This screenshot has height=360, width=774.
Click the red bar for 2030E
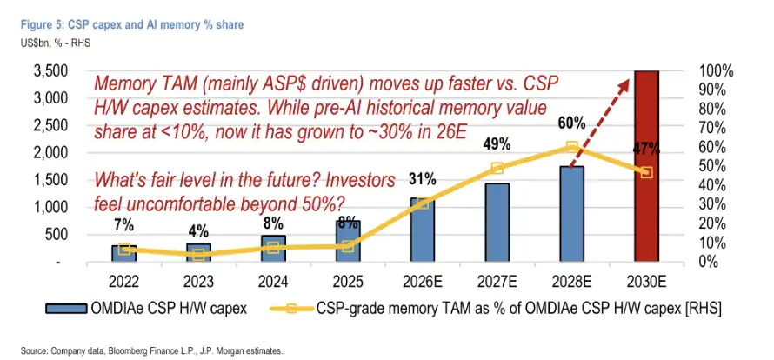646,166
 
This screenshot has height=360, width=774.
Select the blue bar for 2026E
422,230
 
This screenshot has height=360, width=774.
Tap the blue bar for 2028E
571,214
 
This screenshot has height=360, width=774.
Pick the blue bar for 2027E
497,223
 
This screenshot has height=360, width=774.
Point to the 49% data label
497,144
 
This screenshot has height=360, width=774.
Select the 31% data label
422,180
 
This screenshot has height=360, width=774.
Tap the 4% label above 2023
198,231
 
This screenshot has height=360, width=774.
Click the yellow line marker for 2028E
571,147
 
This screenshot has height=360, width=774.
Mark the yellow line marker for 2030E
646,173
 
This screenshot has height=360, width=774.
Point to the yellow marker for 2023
198,255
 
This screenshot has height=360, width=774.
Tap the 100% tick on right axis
717,71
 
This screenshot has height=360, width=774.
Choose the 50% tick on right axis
714,166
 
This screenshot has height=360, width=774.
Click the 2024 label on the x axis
272,282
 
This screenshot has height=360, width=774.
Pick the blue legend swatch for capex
67,309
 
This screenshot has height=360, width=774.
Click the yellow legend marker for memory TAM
291,309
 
